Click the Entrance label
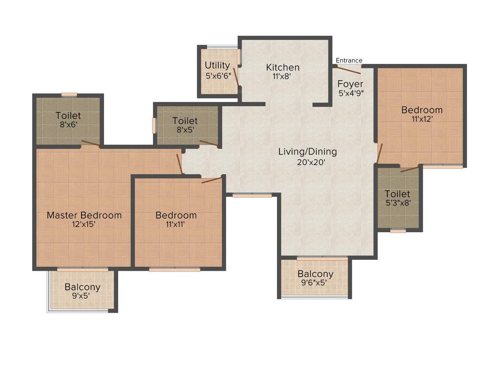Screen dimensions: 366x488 pyautogui.click(x=349, y=61)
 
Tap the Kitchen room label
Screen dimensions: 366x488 pyautogui.click(x=283, y=67)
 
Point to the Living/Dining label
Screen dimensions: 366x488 pyautogui.click(x=307, y=152)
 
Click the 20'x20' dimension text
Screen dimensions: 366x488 pyautogui.click(x=307, y=162)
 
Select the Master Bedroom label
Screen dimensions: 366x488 pyautogui.click(x=84, y=215)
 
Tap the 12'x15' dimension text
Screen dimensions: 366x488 pyautogui.click(x=84, y=224)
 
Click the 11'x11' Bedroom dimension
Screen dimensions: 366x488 pyautogui.click(x=176, y=224)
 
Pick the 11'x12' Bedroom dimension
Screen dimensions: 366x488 pyautogui.click(x=422, y=119)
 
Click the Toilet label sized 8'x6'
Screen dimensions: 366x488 pyautogui.click(x=68, y=116)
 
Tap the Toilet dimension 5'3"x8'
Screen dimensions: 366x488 pyautogui.click(x=397, y=203)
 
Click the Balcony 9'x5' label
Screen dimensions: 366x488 pyautogui.click(x=82, y=287)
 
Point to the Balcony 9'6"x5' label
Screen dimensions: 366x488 pyautogui.click(x=315, y=274)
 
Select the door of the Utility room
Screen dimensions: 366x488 pyautogui.click(x=236, y=76)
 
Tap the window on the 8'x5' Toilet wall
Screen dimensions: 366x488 pyautogui.click(x=154, y=125)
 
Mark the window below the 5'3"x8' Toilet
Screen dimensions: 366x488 pyautogui.click(x=398, y=231)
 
